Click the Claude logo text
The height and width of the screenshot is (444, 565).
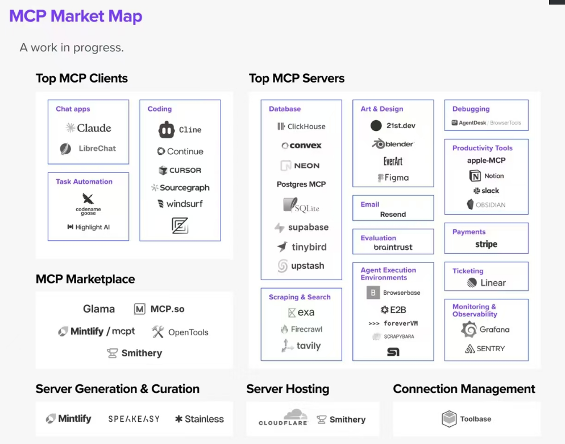click(94, 128)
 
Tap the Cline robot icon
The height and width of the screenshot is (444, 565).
click(167, 130)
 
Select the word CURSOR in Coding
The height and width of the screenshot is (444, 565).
click(185, 170)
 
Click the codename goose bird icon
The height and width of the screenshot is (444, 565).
click(88, 198)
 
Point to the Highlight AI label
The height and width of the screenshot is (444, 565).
click(92, 227)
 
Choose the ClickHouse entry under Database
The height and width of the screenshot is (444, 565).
click(302, 126)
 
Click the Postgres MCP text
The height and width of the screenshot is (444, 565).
click(301, 184)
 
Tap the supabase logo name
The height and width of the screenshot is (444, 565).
click(309, 227)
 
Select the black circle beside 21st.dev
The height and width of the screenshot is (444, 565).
click(376, 125)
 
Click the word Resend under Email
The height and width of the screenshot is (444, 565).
click(393, 215)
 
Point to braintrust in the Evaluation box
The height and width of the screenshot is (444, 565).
click(393, 247)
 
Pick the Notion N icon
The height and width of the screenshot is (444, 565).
click(475, 176)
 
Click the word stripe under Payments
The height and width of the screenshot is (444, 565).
click(486, 244)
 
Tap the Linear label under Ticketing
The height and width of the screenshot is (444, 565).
click(493, 283)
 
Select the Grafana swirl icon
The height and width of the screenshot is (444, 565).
click(469, 329)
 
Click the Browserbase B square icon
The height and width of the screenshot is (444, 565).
click(373, 293)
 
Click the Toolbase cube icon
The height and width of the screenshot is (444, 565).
click(449, 419)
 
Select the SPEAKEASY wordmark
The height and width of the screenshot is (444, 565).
click(134, 419)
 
